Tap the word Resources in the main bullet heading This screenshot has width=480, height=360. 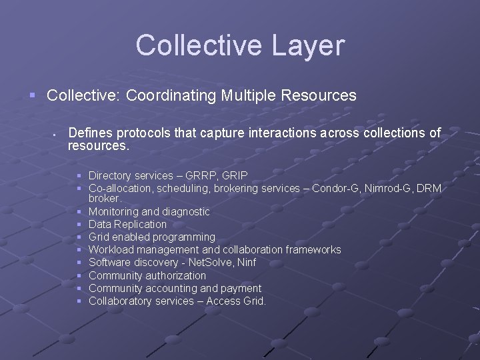pyautogui.click(x=321, y=95)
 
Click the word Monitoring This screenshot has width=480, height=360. pyautogui.click(x=113, y=211)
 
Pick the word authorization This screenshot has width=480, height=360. pyautogui.click(x=173, y=275)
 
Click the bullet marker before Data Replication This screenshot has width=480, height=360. pyautogui.click(x=79, y=225)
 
